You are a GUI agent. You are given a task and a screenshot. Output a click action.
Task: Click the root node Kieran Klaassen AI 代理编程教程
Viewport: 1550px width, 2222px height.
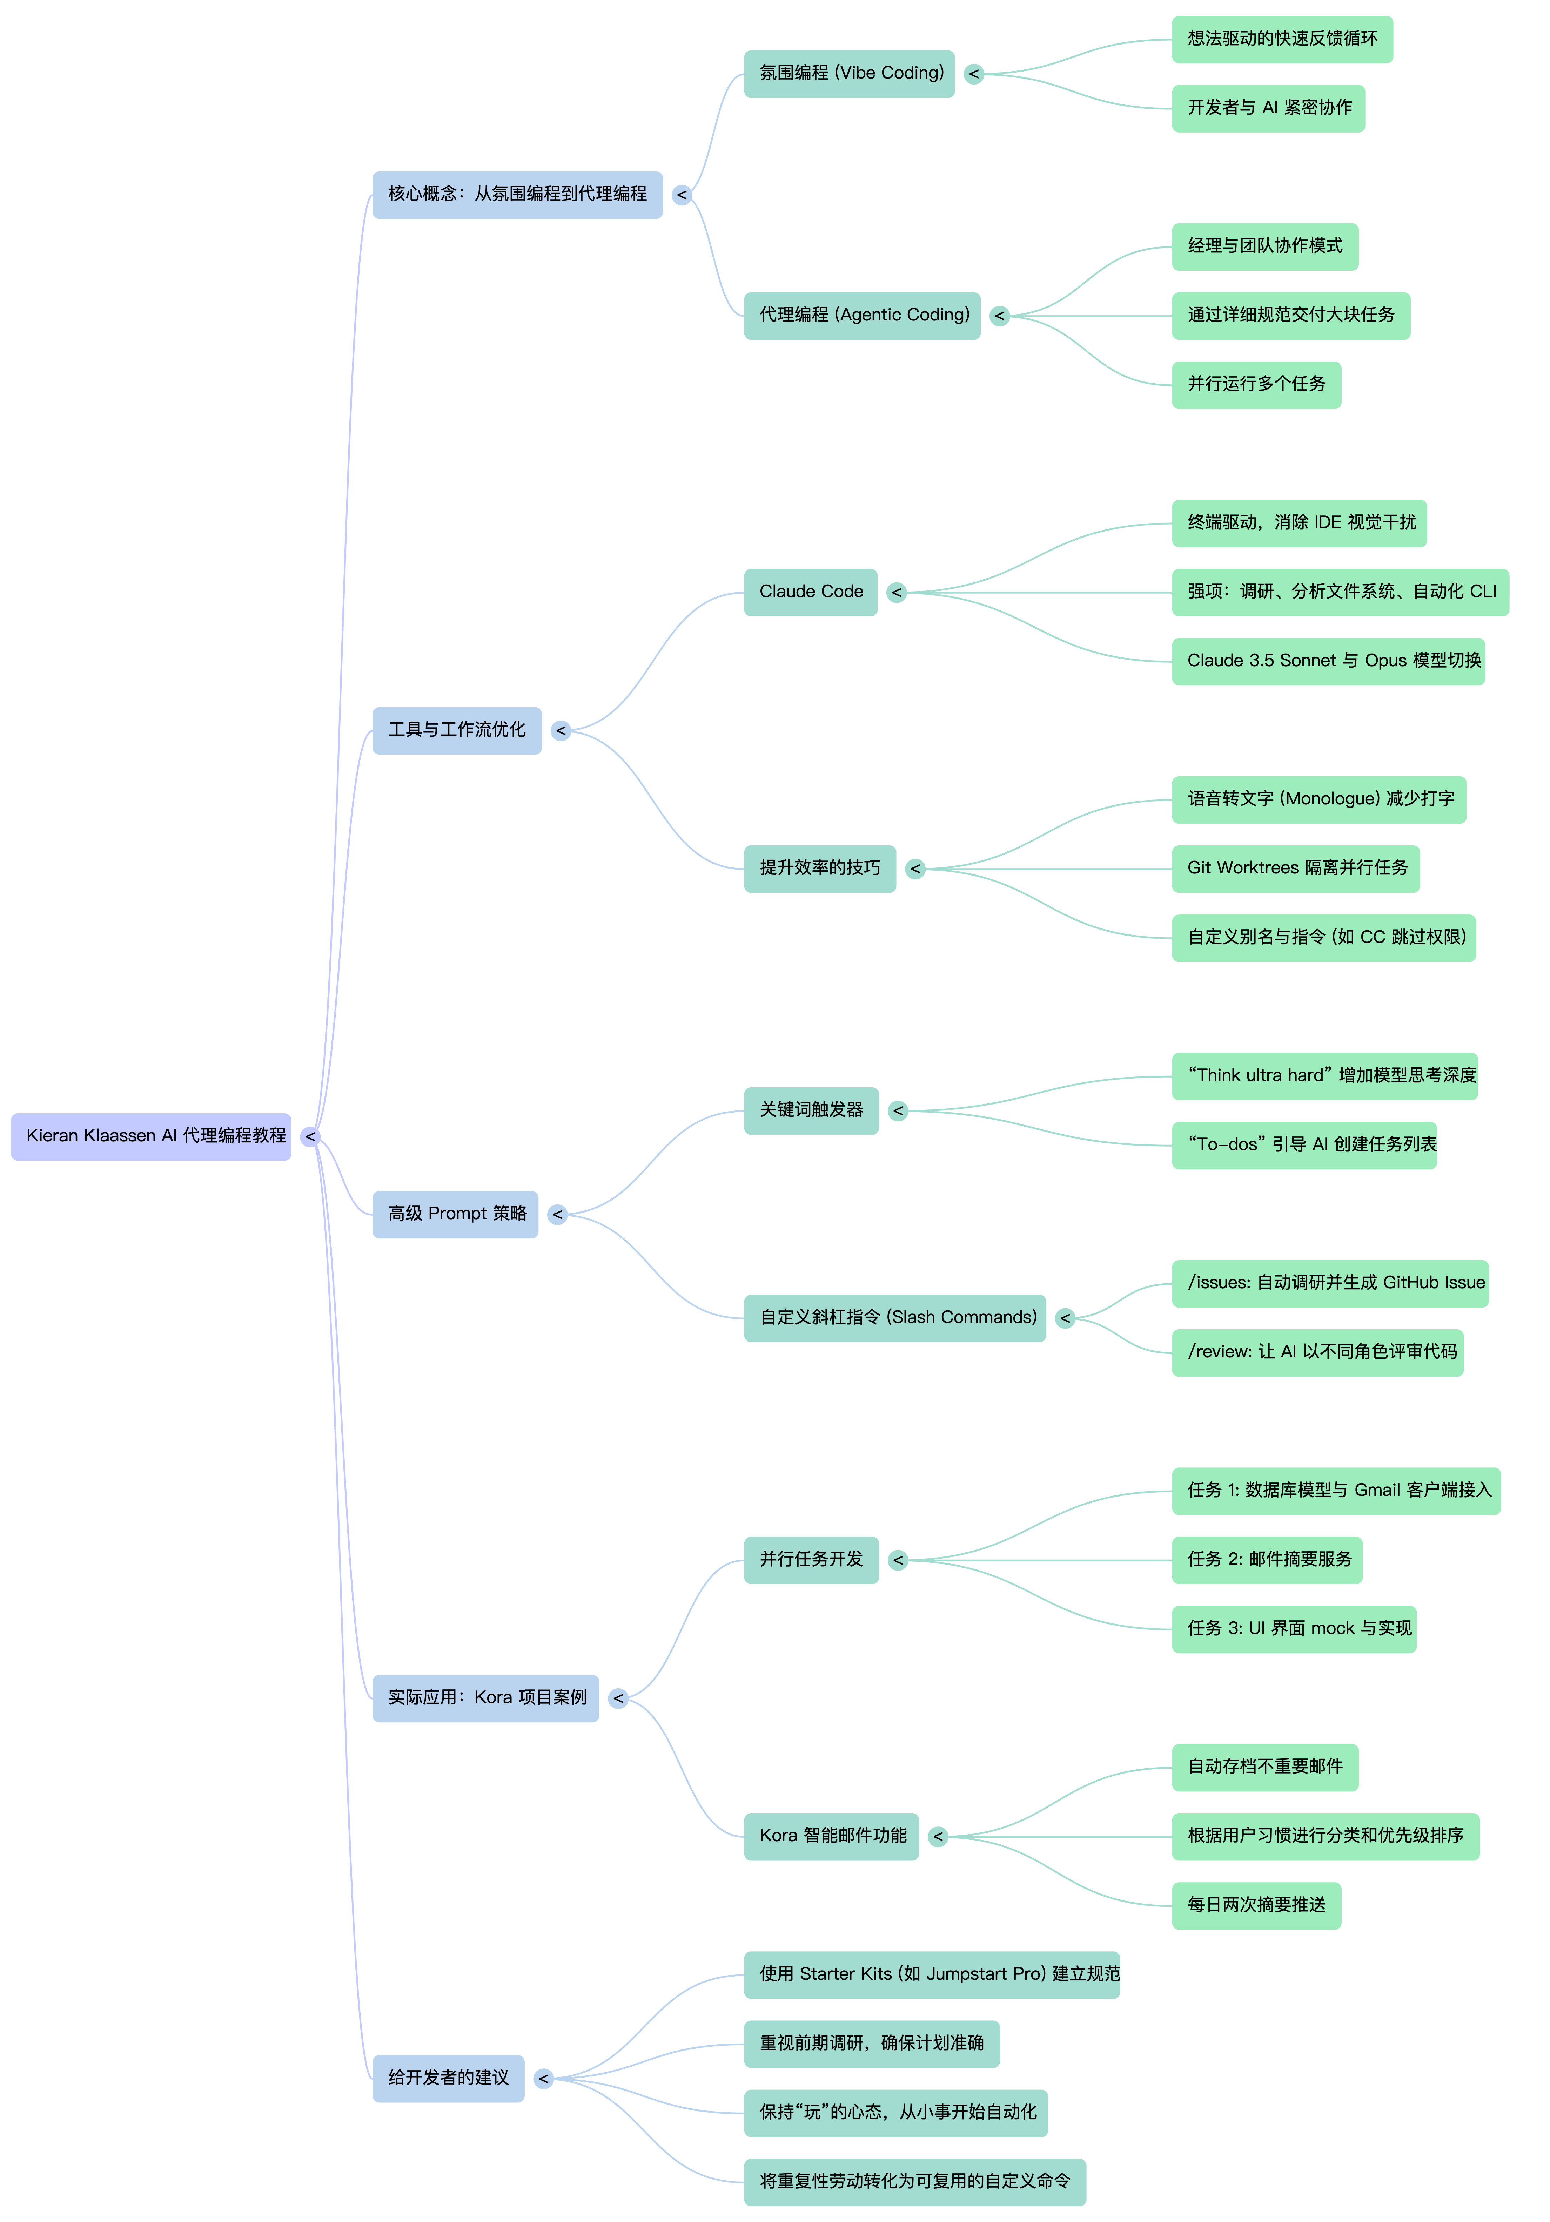point(151,1136)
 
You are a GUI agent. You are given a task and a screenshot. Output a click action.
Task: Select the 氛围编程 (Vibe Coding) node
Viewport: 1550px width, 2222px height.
point(849,74)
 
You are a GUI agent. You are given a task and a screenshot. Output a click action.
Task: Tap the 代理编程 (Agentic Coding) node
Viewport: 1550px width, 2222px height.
point(862,316)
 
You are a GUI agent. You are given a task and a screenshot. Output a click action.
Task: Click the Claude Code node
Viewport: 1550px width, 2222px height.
point(810,592)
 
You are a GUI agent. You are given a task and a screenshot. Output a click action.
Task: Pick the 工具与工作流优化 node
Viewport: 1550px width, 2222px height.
point(457,731)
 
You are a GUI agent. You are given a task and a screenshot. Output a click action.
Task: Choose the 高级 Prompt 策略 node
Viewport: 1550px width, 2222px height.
point(455,1215)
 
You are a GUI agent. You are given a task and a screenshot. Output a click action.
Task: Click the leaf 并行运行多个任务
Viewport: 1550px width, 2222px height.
point(1256,385)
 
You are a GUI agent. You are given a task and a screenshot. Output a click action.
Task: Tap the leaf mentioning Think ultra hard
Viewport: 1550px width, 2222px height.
point(1324,1076)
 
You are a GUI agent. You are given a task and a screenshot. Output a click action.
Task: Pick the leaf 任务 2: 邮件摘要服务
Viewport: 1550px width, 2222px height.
point(1266,1560)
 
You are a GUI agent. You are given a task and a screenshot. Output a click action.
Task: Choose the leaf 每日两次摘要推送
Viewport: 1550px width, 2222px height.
point(1256,1905)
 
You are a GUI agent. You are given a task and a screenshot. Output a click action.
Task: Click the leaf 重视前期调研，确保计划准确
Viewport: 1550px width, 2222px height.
point(871,2044)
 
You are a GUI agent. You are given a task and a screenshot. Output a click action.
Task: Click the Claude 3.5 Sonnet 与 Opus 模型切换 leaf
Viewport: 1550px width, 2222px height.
point(1327,662)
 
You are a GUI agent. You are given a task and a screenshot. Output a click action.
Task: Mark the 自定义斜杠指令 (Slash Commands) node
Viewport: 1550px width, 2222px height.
point(894,1318)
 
